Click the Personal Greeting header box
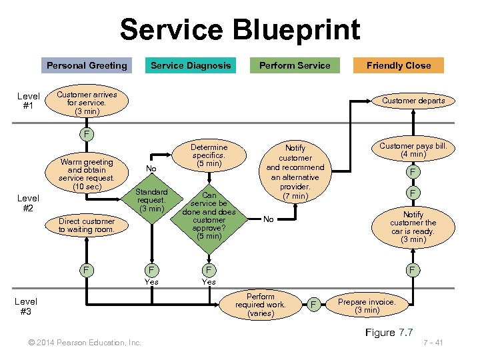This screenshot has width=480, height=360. pyautogui.click(x=87, y=65)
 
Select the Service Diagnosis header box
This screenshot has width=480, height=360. pyautogui.click(x=191, y=65)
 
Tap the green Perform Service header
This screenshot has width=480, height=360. pyautogui.click(x=295, y=65)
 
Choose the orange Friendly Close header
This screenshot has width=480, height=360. pyautogui.click(x=399, y=65)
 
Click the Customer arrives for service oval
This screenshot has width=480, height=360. pyautogui.click(x=87, y=103)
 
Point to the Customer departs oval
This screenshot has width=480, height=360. pyautogui.click(x=413, y=101)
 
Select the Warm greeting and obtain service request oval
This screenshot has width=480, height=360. pyautogui.click(x=86, y=174)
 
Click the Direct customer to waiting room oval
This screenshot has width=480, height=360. pyautogui.click(x=87, y=225)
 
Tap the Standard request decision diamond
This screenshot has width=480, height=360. pyautogui.click(x=151, y=199)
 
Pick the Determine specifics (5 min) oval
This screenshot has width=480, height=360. pyautogui.click(x=209, y=155)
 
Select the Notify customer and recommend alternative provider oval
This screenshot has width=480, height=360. pyautogui.click(x=295, y=172)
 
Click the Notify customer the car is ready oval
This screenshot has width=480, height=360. pyautogui.click(x=413, y=227)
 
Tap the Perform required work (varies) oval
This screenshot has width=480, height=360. pyautogui.click(x=260, y=305)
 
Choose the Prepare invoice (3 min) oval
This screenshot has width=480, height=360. pyautogui.click(x=367, y=305)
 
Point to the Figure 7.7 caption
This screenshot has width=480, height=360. pyautogui.click(x=389, y=332)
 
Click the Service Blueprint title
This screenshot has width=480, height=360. pyautogui.click(x=240, y=30)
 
